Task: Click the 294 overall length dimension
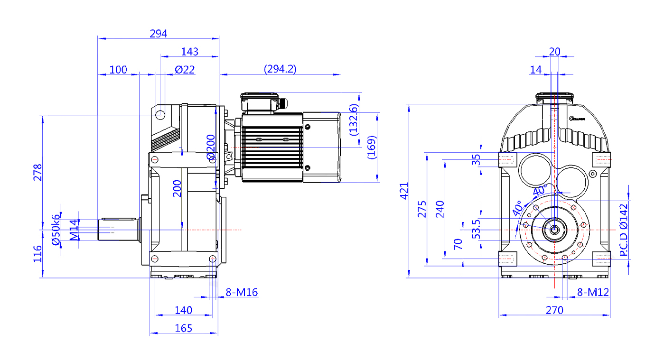pos(159,34)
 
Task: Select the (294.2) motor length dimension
pos(280,69)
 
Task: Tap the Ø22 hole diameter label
pos(185,70)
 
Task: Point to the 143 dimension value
pos(190,52)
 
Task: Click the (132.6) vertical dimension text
pos(354,120)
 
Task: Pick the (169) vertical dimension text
pos(372,148)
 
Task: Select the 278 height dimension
pos(37,173)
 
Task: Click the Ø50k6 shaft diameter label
pos(56,230)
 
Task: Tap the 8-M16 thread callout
pos(242,292)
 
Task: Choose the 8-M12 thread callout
pos(593,292)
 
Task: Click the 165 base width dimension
pos(183,328)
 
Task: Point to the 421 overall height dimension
pos(404,191)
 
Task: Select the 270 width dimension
pos(554,310)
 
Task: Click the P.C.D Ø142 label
pos(624,230)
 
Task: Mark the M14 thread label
pos(74,230)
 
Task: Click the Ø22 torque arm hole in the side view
pos(160,115)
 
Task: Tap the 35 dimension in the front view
pos(477,159)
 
